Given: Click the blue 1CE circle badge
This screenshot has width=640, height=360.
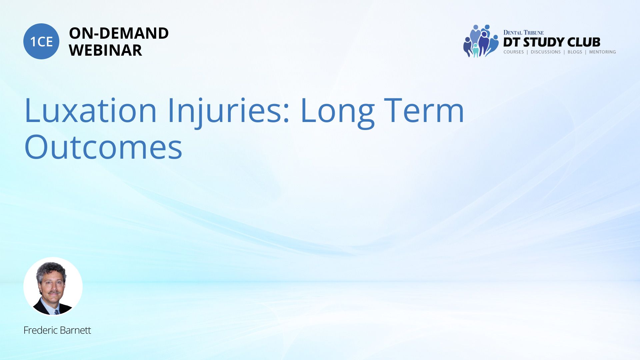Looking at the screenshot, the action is [41, 41].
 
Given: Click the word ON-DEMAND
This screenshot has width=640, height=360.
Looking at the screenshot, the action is [119, 33].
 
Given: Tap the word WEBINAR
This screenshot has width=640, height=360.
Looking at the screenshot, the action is [105, 50].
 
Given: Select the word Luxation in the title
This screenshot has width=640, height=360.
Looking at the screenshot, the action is [90, 110].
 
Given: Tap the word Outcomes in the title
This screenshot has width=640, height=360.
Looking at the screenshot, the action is [103, 147].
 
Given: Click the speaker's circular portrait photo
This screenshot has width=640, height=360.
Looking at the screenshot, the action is [53, 286].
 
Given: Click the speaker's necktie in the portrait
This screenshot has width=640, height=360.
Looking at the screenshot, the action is [57, 312].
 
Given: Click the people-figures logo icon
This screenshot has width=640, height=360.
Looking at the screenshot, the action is [480, 41].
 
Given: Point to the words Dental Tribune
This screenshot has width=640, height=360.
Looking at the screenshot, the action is [523, 33].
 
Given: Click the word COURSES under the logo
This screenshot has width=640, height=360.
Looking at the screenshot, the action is [514, 52].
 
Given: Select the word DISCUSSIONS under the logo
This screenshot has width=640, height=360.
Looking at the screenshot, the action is [546, 52].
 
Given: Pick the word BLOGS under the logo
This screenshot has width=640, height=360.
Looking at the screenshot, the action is [575, 52].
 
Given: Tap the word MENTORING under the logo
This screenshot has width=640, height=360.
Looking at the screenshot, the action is [602, 52].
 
